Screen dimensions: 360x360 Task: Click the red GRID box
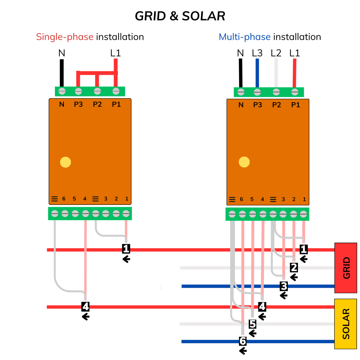point(345,268)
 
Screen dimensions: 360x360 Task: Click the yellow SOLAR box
point(345,324)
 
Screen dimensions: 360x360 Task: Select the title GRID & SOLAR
point(180,16)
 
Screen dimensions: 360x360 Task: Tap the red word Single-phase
point(65,37)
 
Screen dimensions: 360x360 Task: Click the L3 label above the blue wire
point(257,53)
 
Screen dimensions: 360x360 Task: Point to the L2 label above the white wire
point(276,53)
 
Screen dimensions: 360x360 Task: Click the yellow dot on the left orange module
point(65,162)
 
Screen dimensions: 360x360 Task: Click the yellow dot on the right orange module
point(244,162)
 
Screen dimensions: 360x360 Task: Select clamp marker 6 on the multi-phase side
point(243,341)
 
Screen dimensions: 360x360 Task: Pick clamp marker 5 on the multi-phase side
point(253,324)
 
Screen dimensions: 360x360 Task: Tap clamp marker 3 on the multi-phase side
point(284,286)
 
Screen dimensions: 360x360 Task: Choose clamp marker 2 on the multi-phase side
point(294,268)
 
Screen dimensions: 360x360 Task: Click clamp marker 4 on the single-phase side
point(85,307)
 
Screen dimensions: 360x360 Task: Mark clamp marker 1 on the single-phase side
point(126,249)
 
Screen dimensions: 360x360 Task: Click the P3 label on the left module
point(78,104)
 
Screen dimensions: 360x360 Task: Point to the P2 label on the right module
point(276,104)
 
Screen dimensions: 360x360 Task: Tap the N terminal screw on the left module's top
point(62,91)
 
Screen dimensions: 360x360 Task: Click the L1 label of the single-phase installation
point(115,53)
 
